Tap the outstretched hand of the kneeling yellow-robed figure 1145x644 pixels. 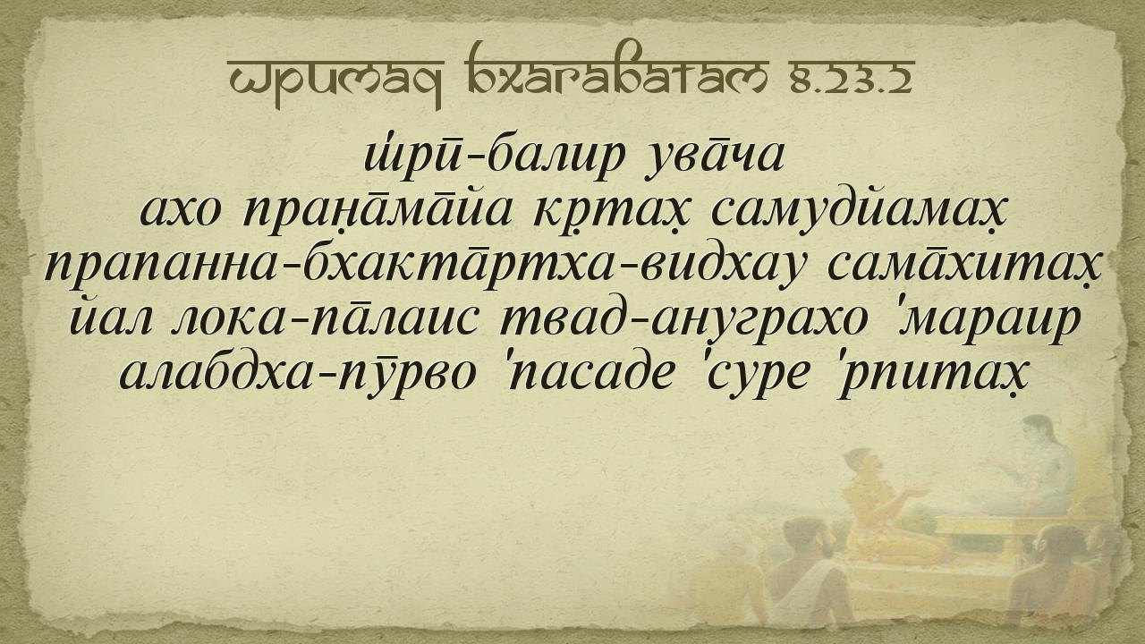pyautogui.click(x=918, y=493)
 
